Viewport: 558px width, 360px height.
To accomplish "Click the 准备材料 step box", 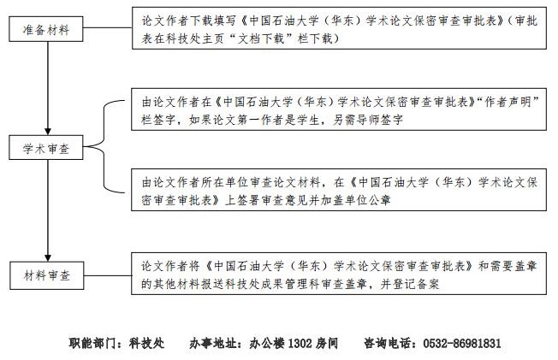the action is coord(46,29).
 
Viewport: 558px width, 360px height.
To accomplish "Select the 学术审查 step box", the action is coord(46,147).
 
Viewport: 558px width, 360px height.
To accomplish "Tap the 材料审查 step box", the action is coord(46,275).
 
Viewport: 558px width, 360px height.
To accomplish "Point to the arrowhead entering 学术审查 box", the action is coord(48,132).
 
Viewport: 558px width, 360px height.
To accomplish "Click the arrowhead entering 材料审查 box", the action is coord(48,258).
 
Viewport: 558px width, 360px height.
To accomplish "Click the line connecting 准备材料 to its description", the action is coord(108,27).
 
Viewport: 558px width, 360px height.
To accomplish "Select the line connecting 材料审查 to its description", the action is coord(108,275).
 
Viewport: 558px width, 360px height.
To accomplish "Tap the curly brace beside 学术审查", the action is coord(104,146).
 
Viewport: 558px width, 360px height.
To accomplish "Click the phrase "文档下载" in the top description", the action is coord(261,38).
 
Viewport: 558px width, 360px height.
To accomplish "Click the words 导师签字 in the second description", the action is coord(380,120).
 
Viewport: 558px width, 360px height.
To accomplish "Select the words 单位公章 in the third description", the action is coord(368,200).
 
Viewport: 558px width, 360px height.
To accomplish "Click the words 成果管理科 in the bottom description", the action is coord(290,284).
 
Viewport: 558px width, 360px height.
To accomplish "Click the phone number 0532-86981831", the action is coord(462,343).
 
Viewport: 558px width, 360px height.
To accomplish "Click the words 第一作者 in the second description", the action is coord(260,120).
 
